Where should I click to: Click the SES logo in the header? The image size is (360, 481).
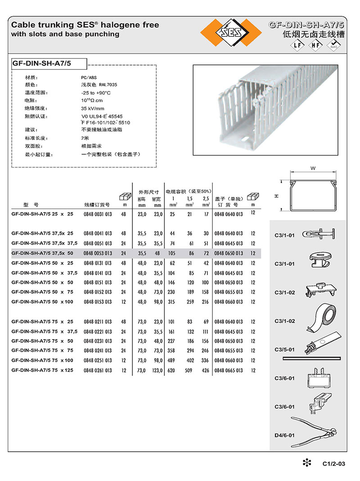pos(231,33)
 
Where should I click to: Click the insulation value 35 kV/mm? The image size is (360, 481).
pos(93,109)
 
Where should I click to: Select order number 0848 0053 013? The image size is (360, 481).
pos(98,254)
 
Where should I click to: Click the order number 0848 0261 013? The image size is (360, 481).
pos(98,370)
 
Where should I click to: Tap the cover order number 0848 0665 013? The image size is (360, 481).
pos(229,370)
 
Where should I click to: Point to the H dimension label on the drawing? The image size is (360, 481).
pos(277,196)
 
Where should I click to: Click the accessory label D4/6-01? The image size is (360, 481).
pos(284,436)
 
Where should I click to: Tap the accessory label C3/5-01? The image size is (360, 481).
pos(284,349)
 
